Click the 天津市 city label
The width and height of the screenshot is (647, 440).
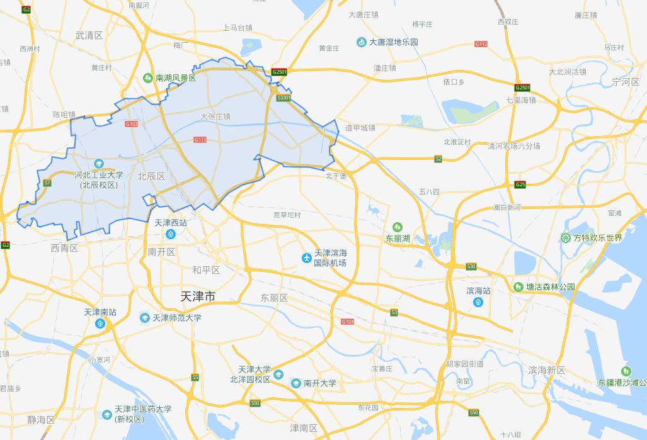coord(198,296)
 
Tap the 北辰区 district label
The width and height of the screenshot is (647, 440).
coord(151,176)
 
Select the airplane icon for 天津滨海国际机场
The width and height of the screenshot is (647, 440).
coord(307,257)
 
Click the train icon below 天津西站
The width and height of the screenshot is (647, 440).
coord(170,234)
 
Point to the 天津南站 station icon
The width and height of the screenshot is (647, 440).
coord(100,324)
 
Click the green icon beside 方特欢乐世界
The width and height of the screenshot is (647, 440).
coord(565,237)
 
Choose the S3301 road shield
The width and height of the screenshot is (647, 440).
coord(283,98)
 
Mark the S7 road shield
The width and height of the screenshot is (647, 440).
coord(47,183)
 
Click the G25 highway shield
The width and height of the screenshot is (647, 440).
coord(520,184)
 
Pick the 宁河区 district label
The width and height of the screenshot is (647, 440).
coord(625,82)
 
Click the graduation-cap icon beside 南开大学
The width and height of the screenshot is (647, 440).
coord(296,383)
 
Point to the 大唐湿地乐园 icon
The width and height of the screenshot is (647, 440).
coord(362,42)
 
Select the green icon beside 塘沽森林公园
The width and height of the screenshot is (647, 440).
coord(518,287)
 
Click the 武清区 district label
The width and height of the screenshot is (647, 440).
coord(89,35)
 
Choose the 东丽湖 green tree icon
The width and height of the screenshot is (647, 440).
coord(398,227)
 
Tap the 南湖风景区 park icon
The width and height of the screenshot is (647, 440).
coord(147,78)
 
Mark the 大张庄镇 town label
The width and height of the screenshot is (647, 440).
coord(215,116)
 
